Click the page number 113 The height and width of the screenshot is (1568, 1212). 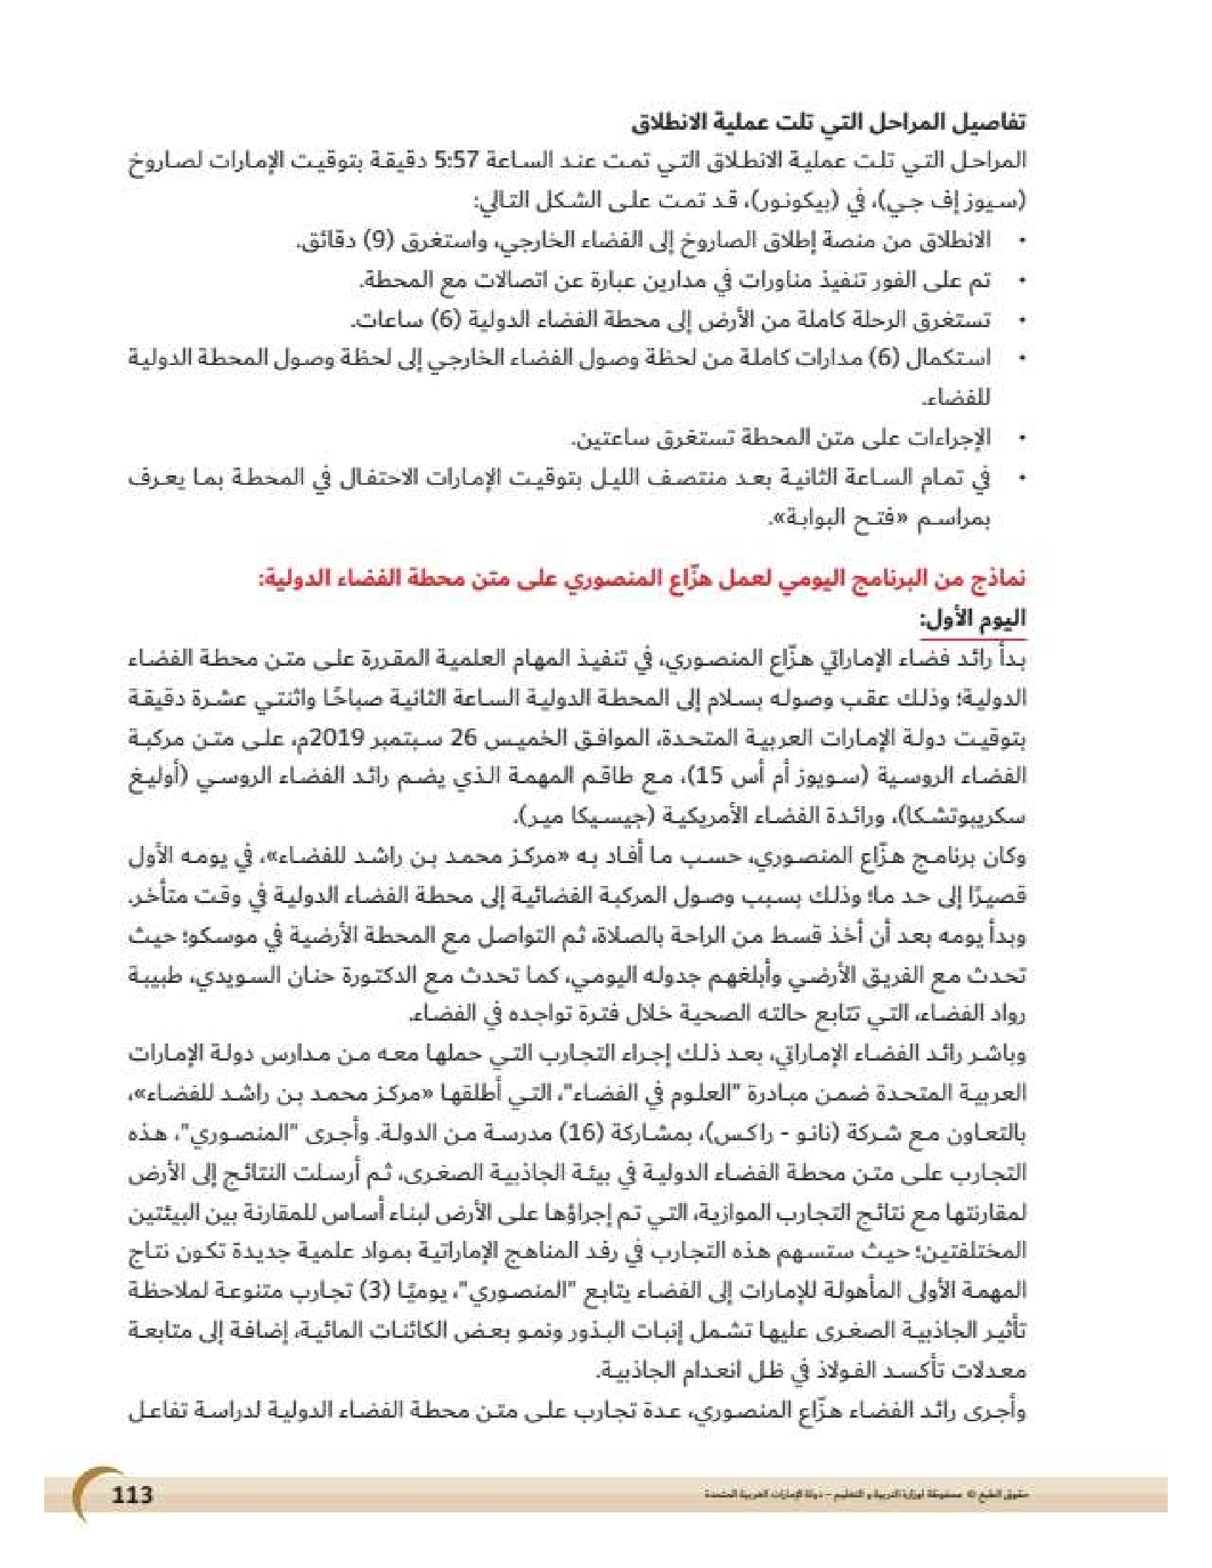coord(133,1494)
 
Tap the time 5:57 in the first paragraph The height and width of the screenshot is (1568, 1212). coord(461,160)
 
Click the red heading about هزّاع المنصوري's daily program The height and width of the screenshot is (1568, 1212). coord(642,579)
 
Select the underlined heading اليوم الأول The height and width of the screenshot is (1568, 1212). coord(974,619)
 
